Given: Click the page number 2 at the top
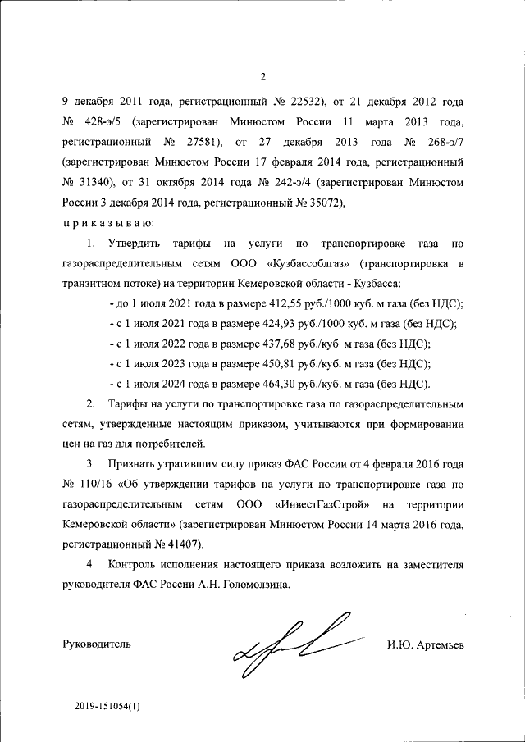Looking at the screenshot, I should click(x=263, y=78).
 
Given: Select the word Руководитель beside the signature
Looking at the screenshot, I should click(x=96, y=645).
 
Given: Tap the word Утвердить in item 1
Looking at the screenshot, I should click(x=134, y=243).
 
